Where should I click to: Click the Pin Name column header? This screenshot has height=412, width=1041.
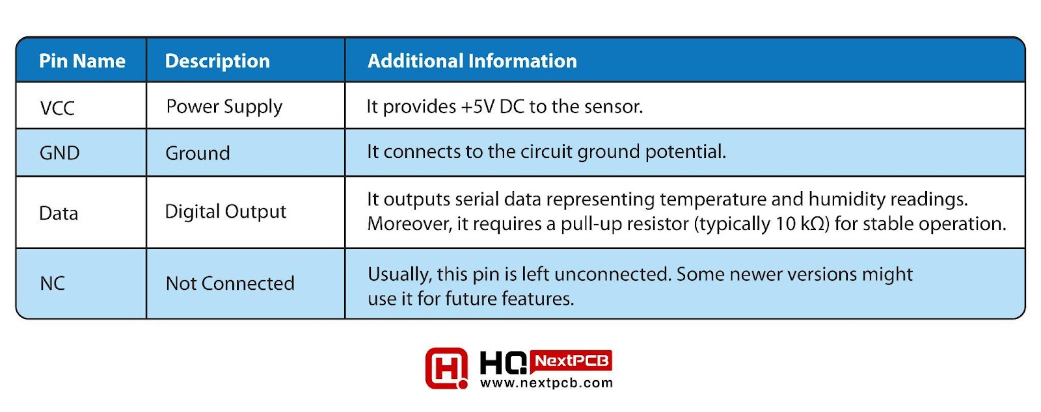pyautogui.click(x=82, y=61)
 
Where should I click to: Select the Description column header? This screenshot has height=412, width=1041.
pyautogui.click(x=217, y=61)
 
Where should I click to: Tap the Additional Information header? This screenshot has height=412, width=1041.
pyautogui.click(x=472, y=61)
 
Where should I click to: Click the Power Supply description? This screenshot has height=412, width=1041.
pyautogui.click(x=224, y=107)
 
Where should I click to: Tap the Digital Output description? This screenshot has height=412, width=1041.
pyautogui.click(x=225, y=212)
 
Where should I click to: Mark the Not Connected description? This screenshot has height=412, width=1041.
pyautogui.click(x=230, y=283)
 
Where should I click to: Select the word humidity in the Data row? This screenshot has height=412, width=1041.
pyautogui.click(x=846, y=200)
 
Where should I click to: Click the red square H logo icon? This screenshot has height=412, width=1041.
pyautogui.click(x=446, y=368)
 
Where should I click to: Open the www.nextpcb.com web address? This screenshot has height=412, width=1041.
pyautogui.click(x=547, y=383)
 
